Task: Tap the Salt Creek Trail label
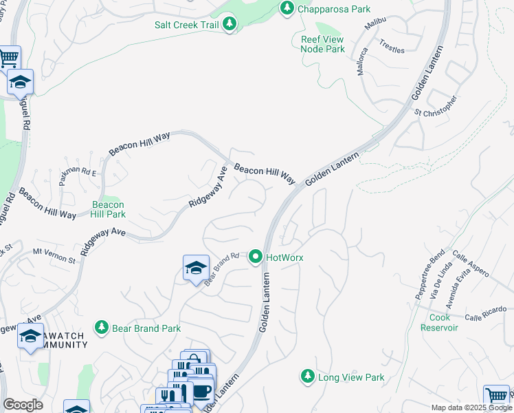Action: [187, 24]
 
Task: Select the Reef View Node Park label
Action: [322, 44]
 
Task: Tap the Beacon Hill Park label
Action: [109, 209]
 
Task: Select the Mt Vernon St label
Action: [54, 256]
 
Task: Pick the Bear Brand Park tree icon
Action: [102, 328]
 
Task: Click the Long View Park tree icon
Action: [306, 377]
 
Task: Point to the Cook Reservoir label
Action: [443, 322]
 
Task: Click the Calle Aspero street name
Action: [470, 264]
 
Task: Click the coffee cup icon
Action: [201, 390]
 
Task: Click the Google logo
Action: [23, 405]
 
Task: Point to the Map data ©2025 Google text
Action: [471, 407]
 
